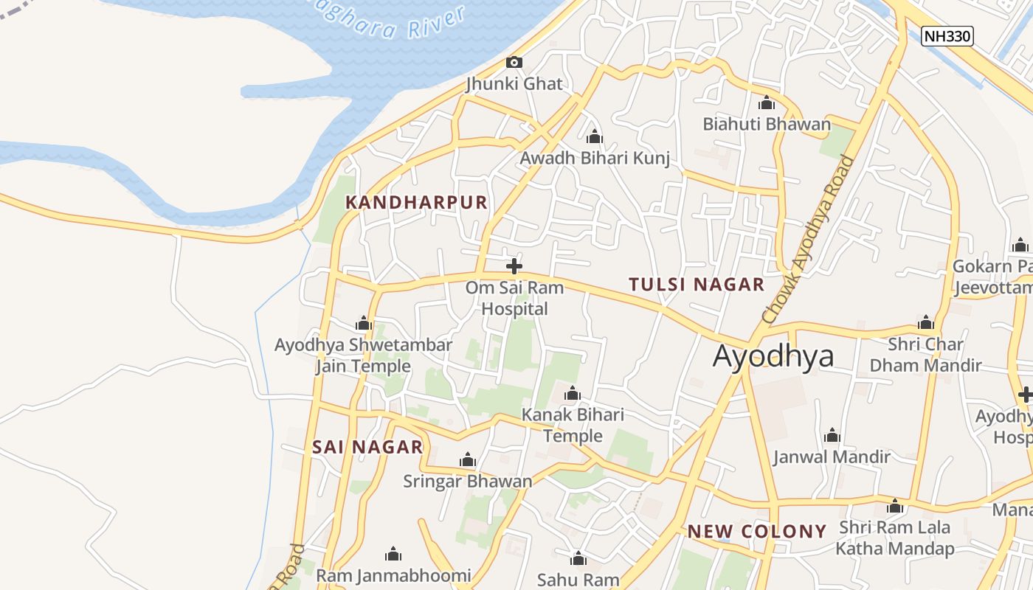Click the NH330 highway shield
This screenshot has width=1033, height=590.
pos(947,35)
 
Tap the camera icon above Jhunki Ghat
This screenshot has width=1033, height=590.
pos(514,63)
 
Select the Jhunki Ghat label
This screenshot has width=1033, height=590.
pos(514,84)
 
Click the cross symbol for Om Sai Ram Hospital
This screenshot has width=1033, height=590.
pos(514,266)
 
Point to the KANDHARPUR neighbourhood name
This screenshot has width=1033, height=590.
pos(417,203)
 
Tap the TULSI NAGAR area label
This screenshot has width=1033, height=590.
pos(696,285)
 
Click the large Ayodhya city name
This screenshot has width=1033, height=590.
pos(773,356)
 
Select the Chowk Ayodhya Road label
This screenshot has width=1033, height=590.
pos(809,239)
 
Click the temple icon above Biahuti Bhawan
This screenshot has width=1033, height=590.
pos(767,103)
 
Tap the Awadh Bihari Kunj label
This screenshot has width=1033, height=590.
pos(595,159)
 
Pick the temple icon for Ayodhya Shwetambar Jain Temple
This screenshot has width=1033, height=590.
pos(363,324)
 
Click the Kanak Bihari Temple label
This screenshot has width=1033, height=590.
pos(573,426)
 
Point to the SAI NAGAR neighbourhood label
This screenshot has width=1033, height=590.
pos(367,447)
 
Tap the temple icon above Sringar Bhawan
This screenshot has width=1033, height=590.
pos(467,461)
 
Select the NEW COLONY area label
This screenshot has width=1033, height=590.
pos(757,532)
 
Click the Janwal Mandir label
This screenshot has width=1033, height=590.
pos(832,457)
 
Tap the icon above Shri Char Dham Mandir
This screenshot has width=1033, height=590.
pos(925,323)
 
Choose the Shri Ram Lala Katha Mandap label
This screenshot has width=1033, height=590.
pos(894,538)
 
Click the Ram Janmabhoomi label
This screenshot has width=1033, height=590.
pos(393,575)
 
